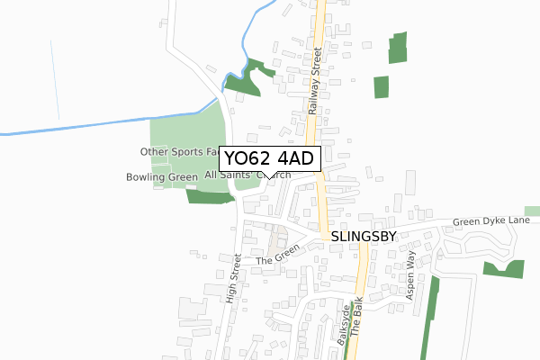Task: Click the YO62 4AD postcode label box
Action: [x=268, y=158]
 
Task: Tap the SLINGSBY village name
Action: [x=364, y=235]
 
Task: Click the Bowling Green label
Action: [x=162, y=177]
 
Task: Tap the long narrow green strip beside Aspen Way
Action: [x=429, y=319]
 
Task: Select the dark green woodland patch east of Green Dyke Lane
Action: [x=503, y=269]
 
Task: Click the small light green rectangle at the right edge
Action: [x=532, y=211]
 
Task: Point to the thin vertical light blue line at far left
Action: [x=56, y=81]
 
